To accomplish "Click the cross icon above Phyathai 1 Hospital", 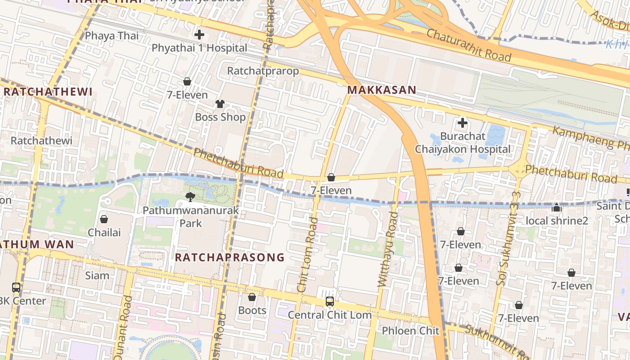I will [199, 35].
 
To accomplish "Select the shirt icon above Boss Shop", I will [220, 104].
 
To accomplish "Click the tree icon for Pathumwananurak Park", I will [190, 197].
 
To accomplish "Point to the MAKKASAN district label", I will [382, 90].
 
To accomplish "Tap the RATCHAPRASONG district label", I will [229, 257].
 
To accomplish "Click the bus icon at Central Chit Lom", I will [330, 301].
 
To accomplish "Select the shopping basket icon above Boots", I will [252, 297].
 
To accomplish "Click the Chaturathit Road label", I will [468, 45].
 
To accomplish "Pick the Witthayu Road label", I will [387, 249].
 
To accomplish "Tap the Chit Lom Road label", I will [308, 255].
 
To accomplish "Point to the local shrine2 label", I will [557, 221].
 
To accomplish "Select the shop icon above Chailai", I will [104, 219].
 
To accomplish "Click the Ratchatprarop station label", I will [263, 71].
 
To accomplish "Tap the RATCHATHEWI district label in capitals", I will [48, 92].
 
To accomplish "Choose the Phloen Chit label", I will [410, 331].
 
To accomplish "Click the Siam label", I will [97, 275].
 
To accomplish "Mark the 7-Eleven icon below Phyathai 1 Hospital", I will [187, 82].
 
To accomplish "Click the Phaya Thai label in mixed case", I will [112, 36].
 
